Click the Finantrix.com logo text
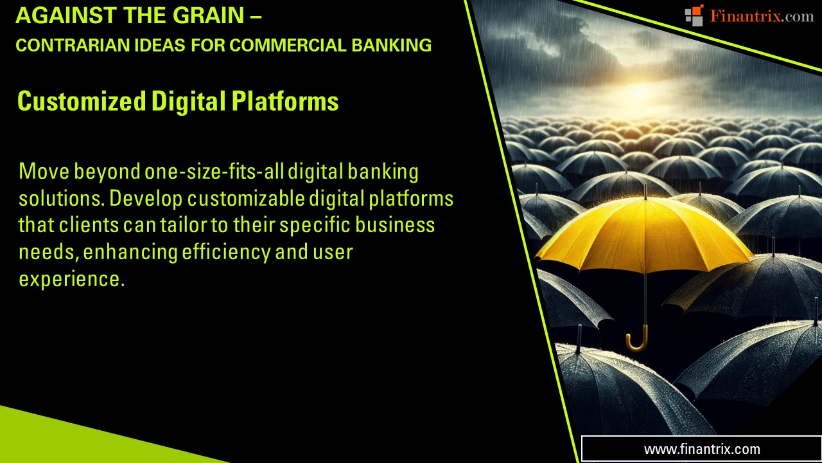pos(761,16)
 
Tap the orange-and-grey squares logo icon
pos(694,15)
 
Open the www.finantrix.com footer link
pos(701,449)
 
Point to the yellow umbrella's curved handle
pos(638,341)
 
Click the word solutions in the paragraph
pos(62,199)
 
